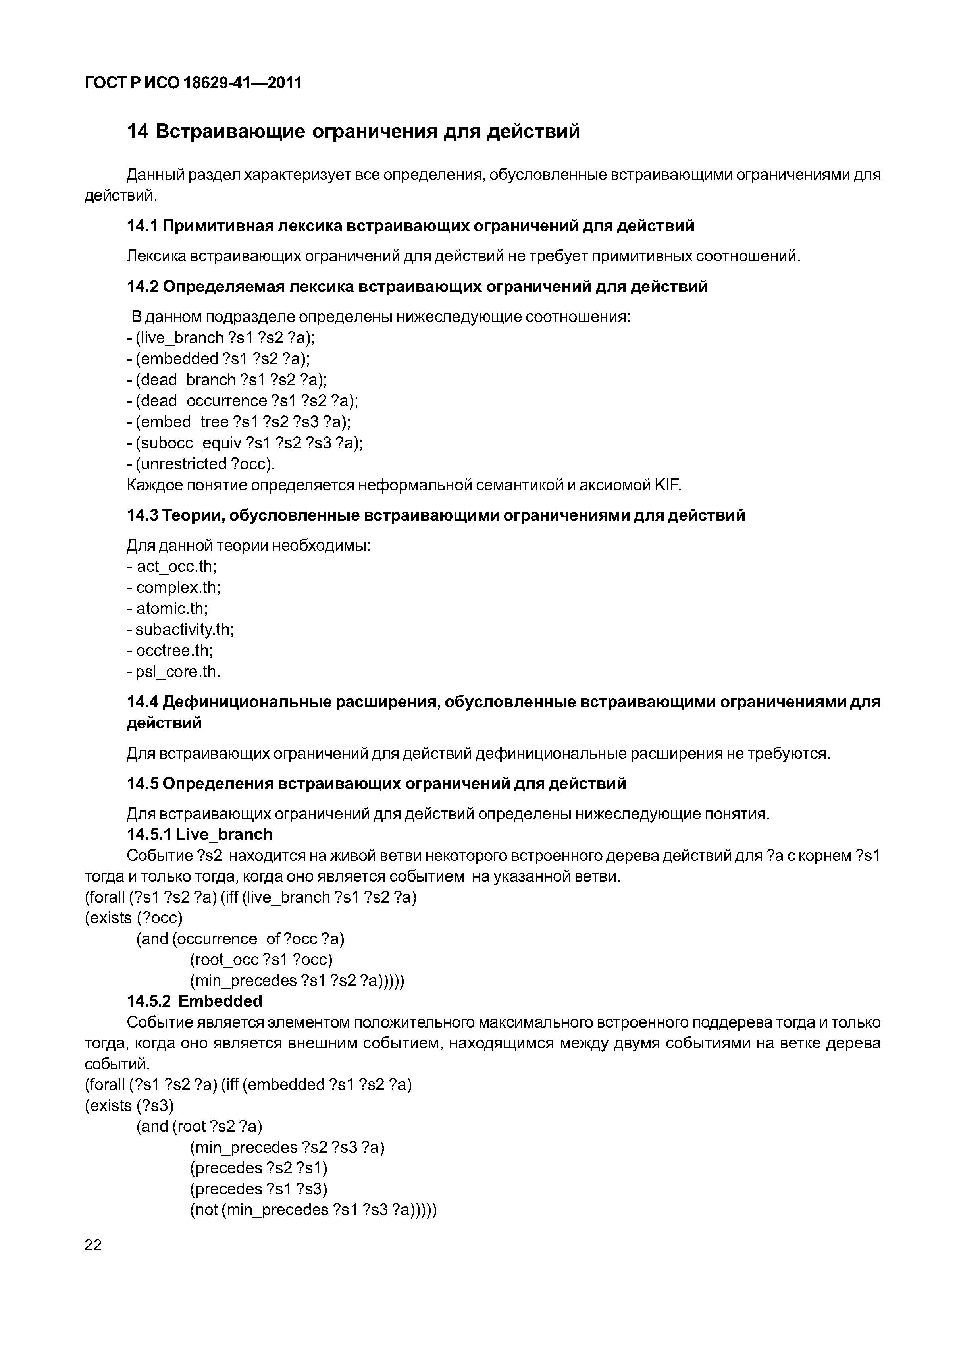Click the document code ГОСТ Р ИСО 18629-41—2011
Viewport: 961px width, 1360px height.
[x=193, y=83]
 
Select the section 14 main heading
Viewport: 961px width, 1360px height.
[x=354, y=131]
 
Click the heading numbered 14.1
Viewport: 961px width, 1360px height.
[x=410, y=226]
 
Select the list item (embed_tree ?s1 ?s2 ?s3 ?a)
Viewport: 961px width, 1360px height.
[x=243, y=422]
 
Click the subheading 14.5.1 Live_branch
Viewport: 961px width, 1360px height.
[x=200, y=835]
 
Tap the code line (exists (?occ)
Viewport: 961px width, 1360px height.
[x=134, y=918]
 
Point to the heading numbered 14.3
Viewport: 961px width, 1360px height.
[x=436, y=515]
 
